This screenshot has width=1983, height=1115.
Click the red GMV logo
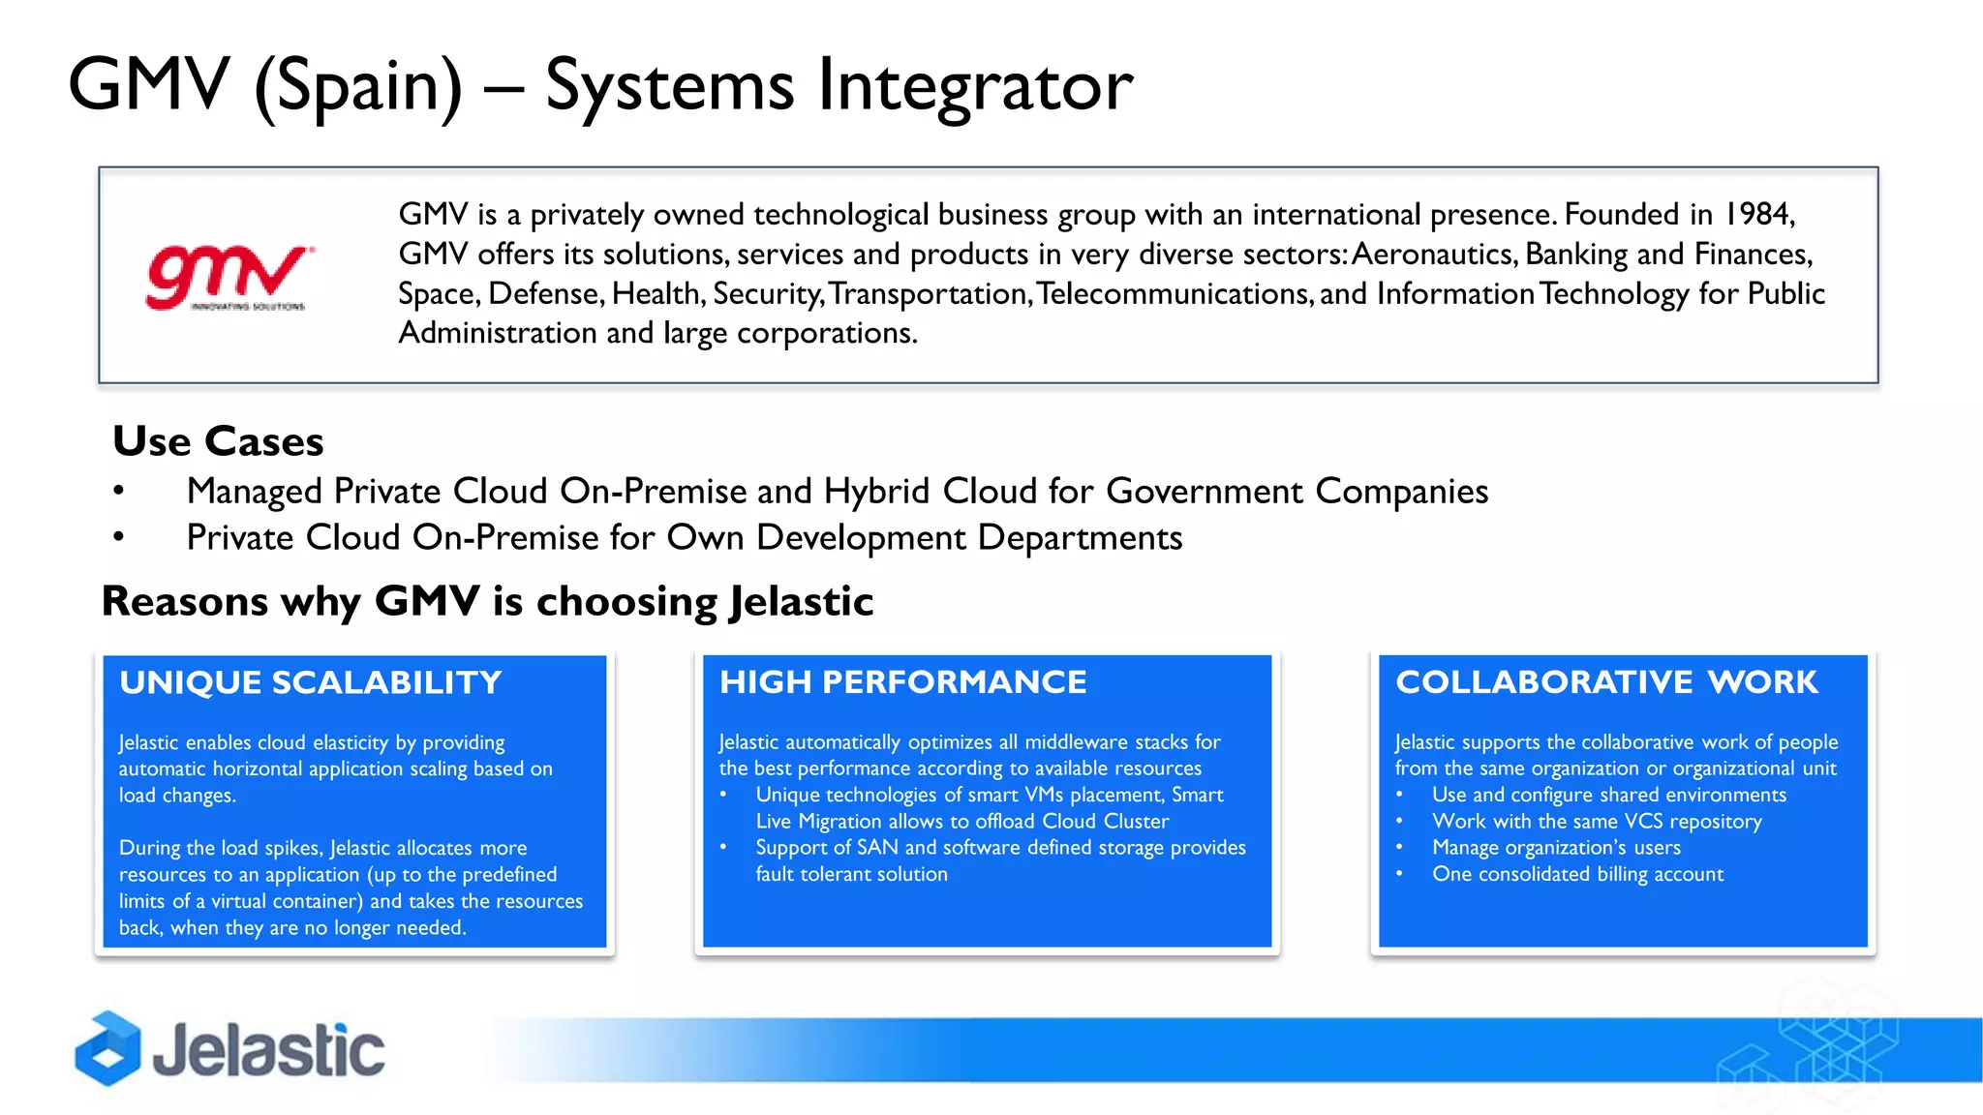229,278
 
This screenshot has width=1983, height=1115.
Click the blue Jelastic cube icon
107,1048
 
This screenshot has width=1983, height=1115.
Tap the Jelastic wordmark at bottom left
268,1050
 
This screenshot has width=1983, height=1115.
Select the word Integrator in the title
974,85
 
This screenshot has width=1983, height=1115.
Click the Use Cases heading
218,441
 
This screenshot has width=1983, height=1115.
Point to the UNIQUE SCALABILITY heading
310,682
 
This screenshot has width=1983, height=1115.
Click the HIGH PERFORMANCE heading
902,682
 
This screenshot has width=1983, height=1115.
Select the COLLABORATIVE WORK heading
1606,682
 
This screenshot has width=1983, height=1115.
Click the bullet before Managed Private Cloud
118,492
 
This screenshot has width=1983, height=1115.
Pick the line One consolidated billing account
1577,874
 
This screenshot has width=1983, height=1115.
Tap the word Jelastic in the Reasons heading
801,602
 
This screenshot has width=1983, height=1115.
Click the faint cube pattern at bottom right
1811,1050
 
